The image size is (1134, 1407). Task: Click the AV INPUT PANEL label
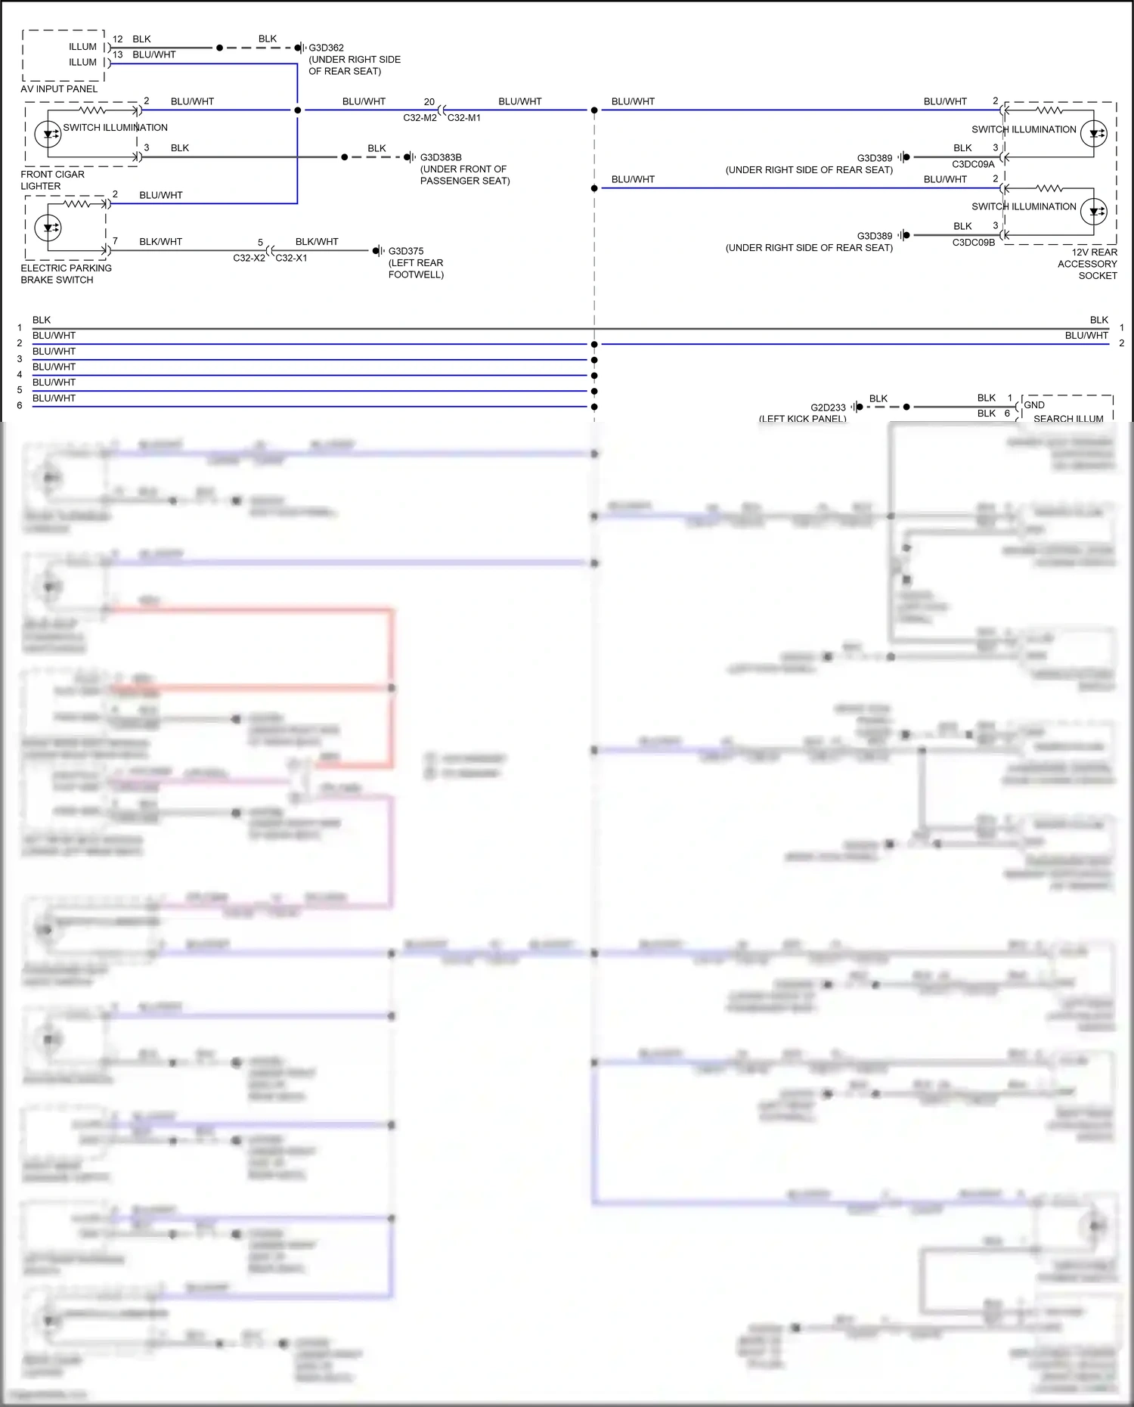point(59,89)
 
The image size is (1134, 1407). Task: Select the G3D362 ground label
point(326,48)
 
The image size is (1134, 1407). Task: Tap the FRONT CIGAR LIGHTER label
point(52,180)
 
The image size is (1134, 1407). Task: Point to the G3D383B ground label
point(441,157)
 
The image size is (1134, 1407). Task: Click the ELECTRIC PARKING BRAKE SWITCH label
point(66,274)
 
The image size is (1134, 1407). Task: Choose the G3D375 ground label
point(406,251)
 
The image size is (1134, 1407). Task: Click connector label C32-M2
point(420,118)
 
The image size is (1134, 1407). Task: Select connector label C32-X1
point(291,258)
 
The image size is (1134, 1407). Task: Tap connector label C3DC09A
point(973,164)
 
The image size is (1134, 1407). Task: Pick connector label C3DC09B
point(973,243)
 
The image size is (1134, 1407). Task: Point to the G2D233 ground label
point(828,408)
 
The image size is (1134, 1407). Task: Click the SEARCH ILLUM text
point(1068,418)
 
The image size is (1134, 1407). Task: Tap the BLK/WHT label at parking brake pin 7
point(160,242)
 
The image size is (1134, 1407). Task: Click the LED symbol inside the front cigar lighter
point(48,135)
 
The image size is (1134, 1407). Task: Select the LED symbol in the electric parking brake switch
point(48,228)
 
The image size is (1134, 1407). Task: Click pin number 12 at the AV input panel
point(118,39)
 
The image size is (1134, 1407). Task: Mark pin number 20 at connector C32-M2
point(429,101)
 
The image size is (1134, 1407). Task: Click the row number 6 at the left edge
point(20,405)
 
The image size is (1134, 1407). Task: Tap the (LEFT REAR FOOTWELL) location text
point(416,268)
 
